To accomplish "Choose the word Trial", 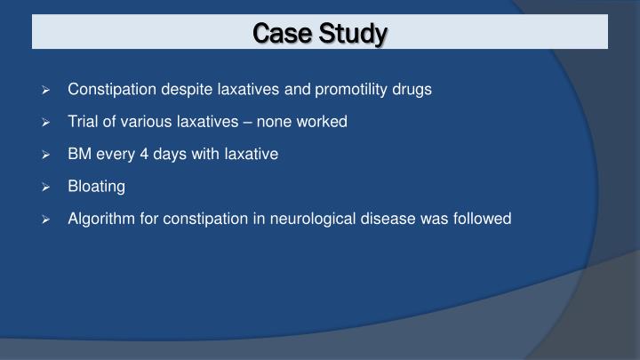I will (85, 122).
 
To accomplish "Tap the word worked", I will (324, 122).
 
